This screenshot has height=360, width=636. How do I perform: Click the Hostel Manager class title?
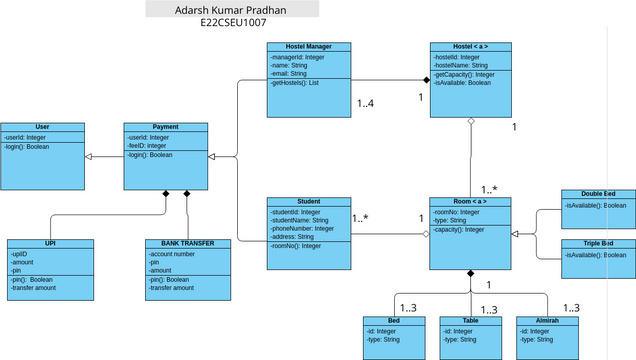310,46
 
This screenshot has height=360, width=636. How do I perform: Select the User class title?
42,127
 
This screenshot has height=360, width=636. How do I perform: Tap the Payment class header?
165,127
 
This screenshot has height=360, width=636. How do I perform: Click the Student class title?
310,201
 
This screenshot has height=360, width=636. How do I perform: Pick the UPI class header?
50,243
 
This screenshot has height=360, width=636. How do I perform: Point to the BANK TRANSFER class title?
188,243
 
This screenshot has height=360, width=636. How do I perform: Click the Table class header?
470,320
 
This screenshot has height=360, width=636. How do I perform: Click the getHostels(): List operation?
295,83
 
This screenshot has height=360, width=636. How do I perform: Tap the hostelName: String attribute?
460,65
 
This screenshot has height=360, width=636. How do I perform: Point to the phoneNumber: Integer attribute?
302,228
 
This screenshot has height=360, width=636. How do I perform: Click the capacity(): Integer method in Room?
459,229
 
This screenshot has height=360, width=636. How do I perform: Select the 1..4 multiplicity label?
367,103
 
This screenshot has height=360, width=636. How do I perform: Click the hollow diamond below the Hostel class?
471,122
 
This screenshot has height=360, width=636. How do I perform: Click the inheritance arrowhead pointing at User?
88,157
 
